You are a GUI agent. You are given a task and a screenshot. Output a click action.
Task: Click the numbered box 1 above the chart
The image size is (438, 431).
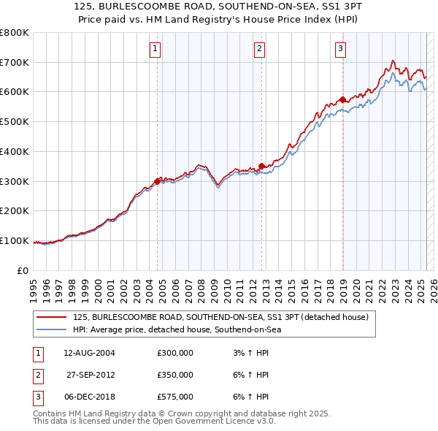click(x=156, y=49)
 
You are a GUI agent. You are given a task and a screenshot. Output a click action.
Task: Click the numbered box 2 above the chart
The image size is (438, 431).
click(x=260, y=49)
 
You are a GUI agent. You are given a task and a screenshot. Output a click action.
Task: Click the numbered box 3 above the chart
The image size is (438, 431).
click(x=341, y=49)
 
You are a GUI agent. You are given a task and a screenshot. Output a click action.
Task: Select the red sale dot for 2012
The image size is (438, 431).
click(x=262, y=166)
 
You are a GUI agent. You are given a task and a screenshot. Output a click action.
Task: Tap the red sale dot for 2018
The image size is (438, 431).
click(x=342, y=99)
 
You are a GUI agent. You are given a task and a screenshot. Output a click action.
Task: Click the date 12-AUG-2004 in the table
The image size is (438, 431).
click(x=89, y=353)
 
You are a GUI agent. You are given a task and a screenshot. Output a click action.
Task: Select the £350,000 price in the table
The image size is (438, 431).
click(x=175, y=375)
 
